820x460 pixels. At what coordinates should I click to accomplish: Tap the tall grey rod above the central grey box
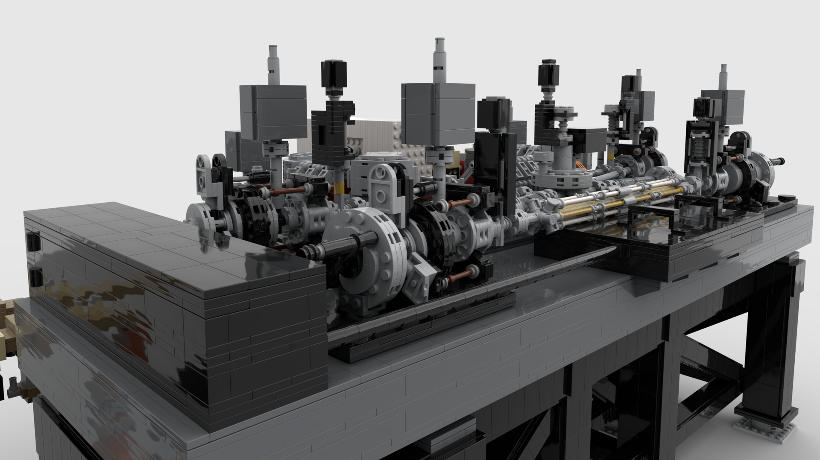439,60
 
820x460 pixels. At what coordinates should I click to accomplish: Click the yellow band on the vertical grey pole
339,186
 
